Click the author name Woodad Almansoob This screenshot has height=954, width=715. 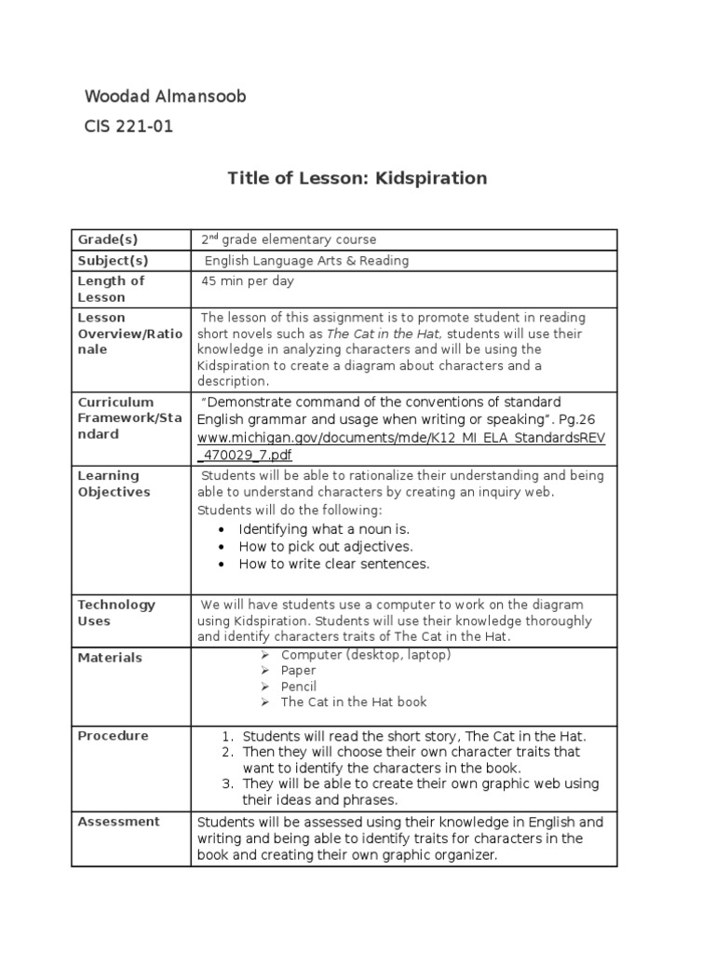tap(165, 97)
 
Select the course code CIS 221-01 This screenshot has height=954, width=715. tap(128, 127)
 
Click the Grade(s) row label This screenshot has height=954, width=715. tap(108, 239)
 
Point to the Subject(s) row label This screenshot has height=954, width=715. tap(113, 261)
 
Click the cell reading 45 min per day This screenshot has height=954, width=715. tap(249, 280)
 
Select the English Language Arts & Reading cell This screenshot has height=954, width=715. tap(306, 261)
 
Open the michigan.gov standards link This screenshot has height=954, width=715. tap(400, 445)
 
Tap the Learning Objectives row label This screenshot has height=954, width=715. tap(114, 484)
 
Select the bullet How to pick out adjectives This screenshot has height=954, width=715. tap(325, 547)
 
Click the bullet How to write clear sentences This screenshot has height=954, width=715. tap(333, 564)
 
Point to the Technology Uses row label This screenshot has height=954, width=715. tap(116, 613)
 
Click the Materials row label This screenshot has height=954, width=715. tap(110, 658)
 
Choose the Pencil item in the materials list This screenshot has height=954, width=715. tap(298, 687)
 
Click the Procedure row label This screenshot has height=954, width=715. tap(113, 736)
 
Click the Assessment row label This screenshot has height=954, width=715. tap(118, 822)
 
